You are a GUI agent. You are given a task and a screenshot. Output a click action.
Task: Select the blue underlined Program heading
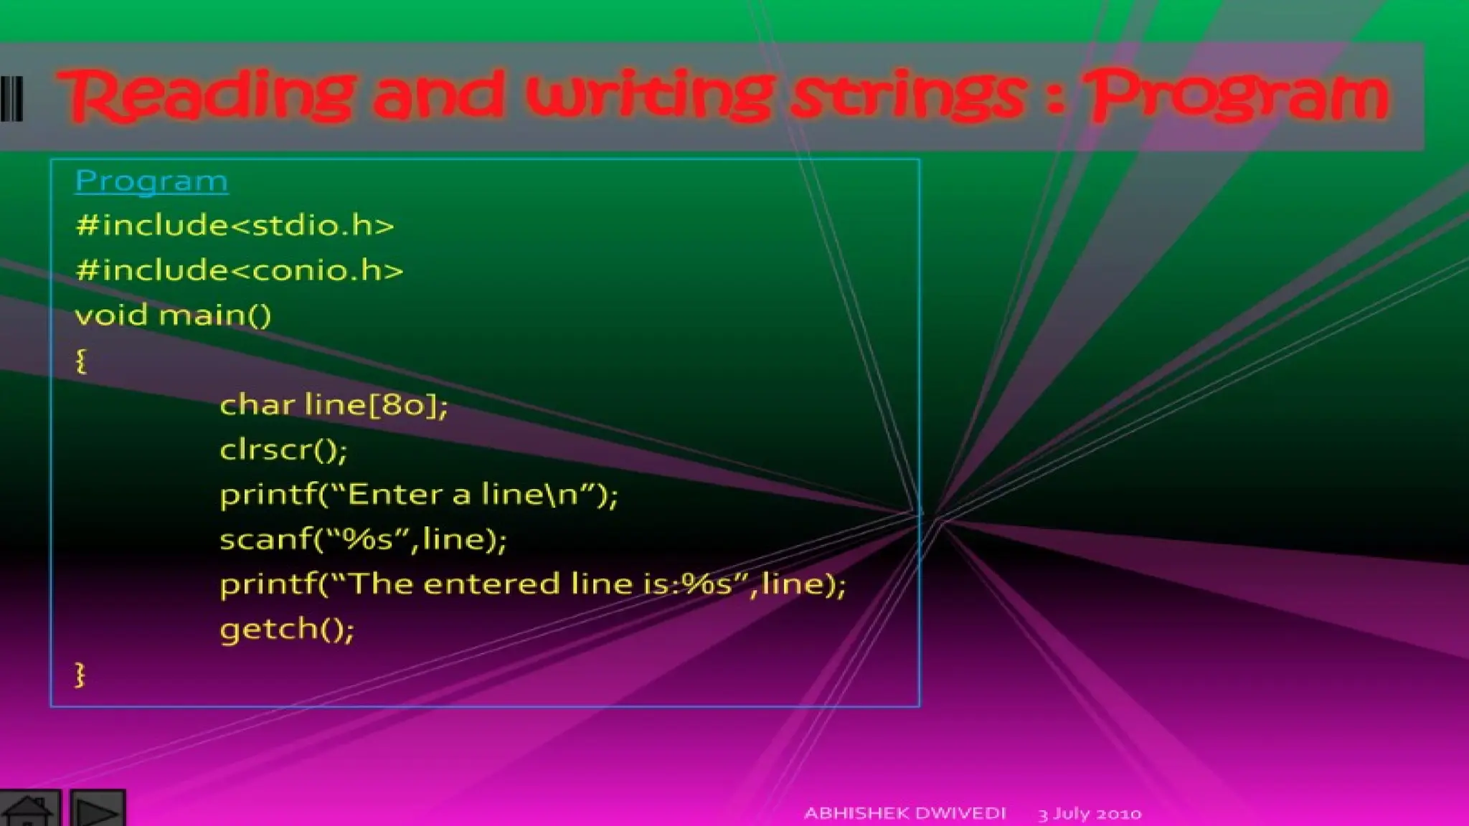coord(151,181)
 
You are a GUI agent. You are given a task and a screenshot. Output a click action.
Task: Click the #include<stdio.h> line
coord(235,226)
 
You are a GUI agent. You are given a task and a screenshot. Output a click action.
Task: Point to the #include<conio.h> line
coord(239,271)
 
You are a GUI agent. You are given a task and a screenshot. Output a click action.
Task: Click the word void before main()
coord(111,315)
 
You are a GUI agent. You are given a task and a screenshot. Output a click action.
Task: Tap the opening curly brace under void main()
coord(81,361)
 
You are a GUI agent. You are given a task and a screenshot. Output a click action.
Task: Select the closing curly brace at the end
coord(80,675)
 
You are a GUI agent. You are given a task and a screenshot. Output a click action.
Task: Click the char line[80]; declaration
coord(334,405)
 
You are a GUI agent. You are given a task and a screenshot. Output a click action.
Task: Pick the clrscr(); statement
coord(283,450)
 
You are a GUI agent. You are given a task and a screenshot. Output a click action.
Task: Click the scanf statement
coord(363,539)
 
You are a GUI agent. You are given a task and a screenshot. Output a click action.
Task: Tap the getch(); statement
coord(287,629)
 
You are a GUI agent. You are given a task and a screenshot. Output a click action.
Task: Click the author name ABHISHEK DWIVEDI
coord(904,813)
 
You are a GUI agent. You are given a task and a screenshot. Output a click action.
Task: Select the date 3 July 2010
coord(1090,814)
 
